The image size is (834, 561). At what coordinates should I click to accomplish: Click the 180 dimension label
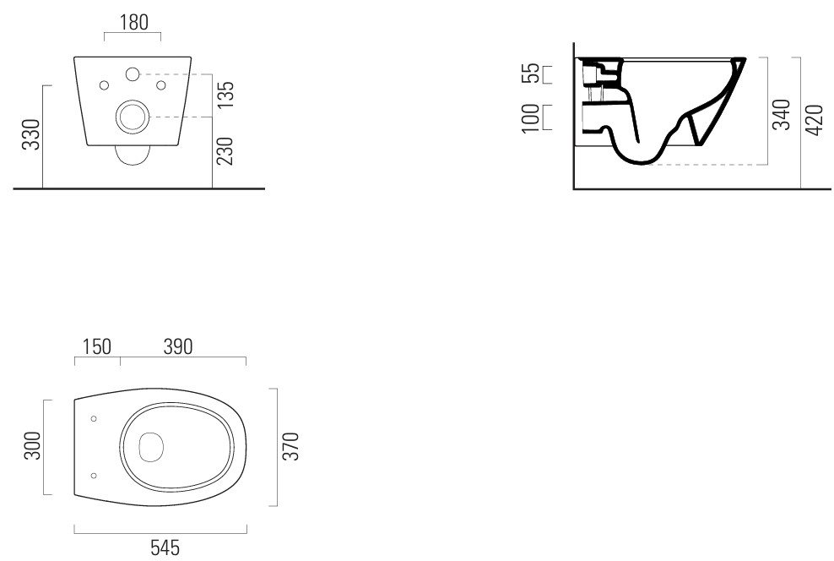134,22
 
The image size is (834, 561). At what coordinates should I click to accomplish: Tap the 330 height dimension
31,134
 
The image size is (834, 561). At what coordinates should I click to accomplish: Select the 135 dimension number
225,95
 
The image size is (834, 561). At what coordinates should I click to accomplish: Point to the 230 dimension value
225,151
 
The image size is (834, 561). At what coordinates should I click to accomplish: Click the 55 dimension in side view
530,74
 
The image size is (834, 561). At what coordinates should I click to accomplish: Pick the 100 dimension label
530,118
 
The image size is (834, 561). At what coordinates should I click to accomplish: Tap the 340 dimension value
782,114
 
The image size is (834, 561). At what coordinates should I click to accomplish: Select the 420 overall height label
815,120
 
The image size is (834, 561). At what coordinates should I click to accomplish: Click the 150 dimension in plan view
97,346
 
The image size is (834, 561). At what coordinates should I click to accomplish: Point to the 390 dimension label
177,346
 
